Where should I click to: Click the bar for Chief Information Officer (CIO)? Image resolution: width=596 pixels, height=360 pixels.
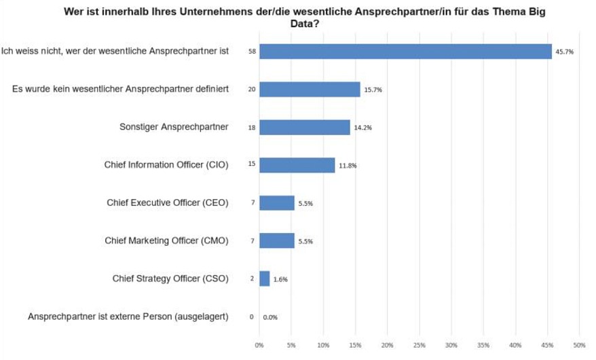297,165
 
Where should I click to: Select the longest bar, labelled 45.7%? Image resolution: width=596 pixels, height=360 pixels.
405,52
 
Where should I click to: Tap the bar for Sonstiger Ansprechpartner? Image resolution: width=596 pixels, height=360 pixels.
304,128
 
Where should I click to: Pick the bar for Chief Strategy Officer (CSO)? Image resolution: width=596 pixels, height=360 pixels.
264,278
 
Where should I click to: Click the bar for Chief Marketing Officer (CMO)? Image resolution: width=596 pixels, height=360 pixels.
276,241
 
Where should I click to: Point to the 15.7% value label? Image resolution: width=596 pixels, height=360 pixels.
373,90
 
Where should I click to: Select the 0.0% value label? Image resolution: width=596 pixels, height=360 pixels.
271,317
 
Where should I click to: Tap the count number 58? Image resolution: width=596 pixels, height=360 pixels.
252,52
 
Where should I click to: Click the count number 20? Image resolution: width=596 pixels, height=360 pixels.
252,90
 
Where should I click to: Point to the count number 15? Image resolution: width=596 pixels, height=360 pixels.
252,165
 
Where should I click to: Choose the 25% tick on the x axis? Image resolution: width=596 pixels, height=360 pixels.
419,345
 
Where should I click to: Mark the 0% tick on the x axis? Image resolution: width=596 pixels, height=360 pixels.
259,345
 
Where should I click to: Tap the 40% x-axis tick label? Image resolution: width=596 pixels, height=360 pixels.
515,345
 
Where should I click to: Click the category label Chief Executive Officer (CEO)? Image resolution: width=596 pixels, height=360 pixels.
168,202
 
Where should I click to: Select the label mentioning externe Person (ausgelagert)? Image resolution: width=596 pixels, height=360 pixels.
128,316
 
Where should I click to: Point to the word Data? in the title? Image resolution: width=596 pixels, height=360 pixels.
310,24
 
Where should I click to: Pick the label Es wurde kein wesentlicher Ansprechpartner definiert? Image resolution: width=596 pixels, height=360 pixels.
120,89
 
